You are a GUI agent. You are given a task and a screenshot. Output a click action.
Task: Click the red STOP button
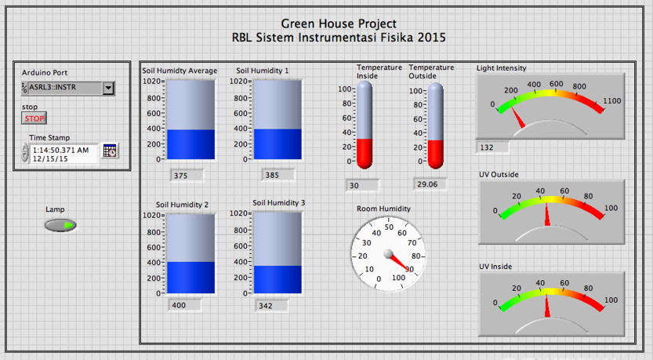click(x=34, y=119)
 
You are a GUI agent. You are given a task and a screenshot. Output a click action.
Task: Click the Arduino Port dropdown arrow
click(x=108, y=89)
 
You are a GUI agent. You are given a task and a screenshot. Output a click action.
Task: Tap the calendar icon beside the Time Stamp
click(x=109, y=151)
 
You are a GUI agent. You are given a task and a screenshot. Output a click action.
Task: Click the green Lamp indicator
click(x=61, y=226)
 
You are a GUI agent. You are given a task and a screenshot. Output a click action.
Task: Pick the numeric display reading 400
click(x=182, y=305)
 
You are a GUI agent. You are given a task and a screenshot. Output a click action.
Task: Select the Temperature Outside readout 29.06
click(x=428, y=184)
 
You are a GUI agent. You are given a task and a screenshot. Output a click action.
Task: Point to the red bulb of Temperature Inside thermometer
click(x=365, y=154)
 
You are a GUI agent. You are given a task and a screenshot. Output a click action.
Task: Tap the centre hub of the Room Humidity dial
click(x=387, y=253)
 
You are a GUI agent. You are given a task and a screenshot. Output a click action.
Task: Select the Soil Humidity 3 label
click(x=278, y=203)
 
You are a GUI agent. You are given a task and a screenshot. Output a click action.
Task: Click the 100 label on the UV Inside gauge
click(x=611, y=300)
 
